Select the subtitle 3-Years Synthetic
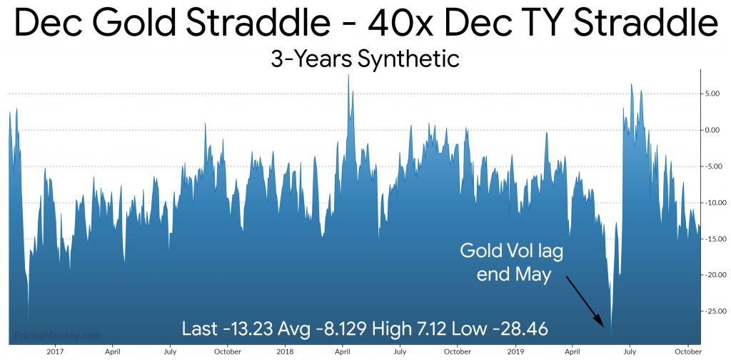365,59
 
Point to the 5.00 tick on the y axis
713,94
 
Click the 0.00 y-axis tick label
713,130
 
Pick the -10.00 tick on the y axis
712,203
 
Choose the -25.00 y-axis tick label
712,311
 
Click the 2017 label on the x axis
56,350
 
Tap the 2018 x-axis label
285,350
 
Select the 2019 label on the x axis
515,350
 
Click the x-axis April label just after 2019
572,351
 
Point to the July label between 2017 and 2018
170,351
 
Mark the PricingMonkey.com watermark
57,336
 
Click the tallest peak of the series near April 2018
348,74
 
